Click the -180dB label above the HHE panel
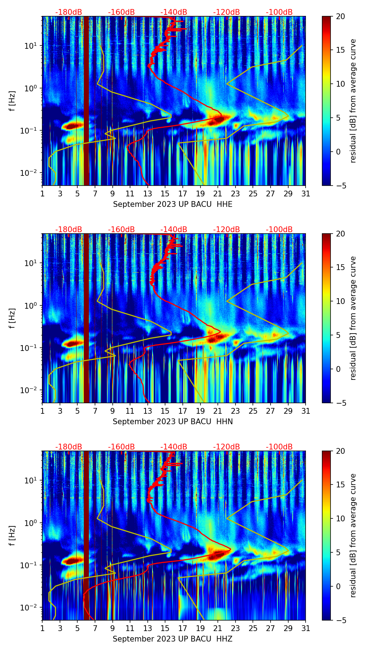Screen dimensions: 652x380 (x=69, y=12)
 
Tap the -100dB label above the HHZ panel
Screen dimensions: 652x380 (x=279, y=447)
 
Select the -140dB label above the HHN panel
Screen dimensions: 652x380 (x=174, y=230)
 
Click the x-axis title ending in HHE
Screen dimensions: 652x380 (x=173, y=204)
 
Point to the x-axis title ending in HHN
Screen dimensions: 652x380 (x=173, y=422)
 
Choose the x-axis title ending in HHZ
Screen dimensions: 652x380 (x=173, y=639)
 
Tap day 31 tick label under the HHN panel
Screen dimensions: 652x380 (x=306, y=411)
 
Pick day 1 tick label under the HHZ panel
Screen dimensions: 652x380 (x=43, y=629)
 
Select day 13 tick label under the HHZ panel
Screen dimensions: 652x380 (x=147, y=629)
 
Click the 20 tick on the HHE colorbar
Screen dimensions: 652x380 (x=341, y=17)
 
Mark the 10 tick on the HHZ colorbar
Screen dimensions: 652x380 (x=341, y=518)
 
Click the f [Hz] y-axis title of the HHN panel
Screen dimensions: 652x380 (x=12, y=318)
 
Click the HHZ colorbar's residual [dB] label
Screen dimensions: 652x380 (x=353, y=535)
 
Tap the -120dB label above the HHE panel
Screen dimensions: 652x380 (x=226, y=12)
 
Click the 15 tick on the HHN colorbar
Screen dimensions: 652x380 (x=341, y=268)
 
